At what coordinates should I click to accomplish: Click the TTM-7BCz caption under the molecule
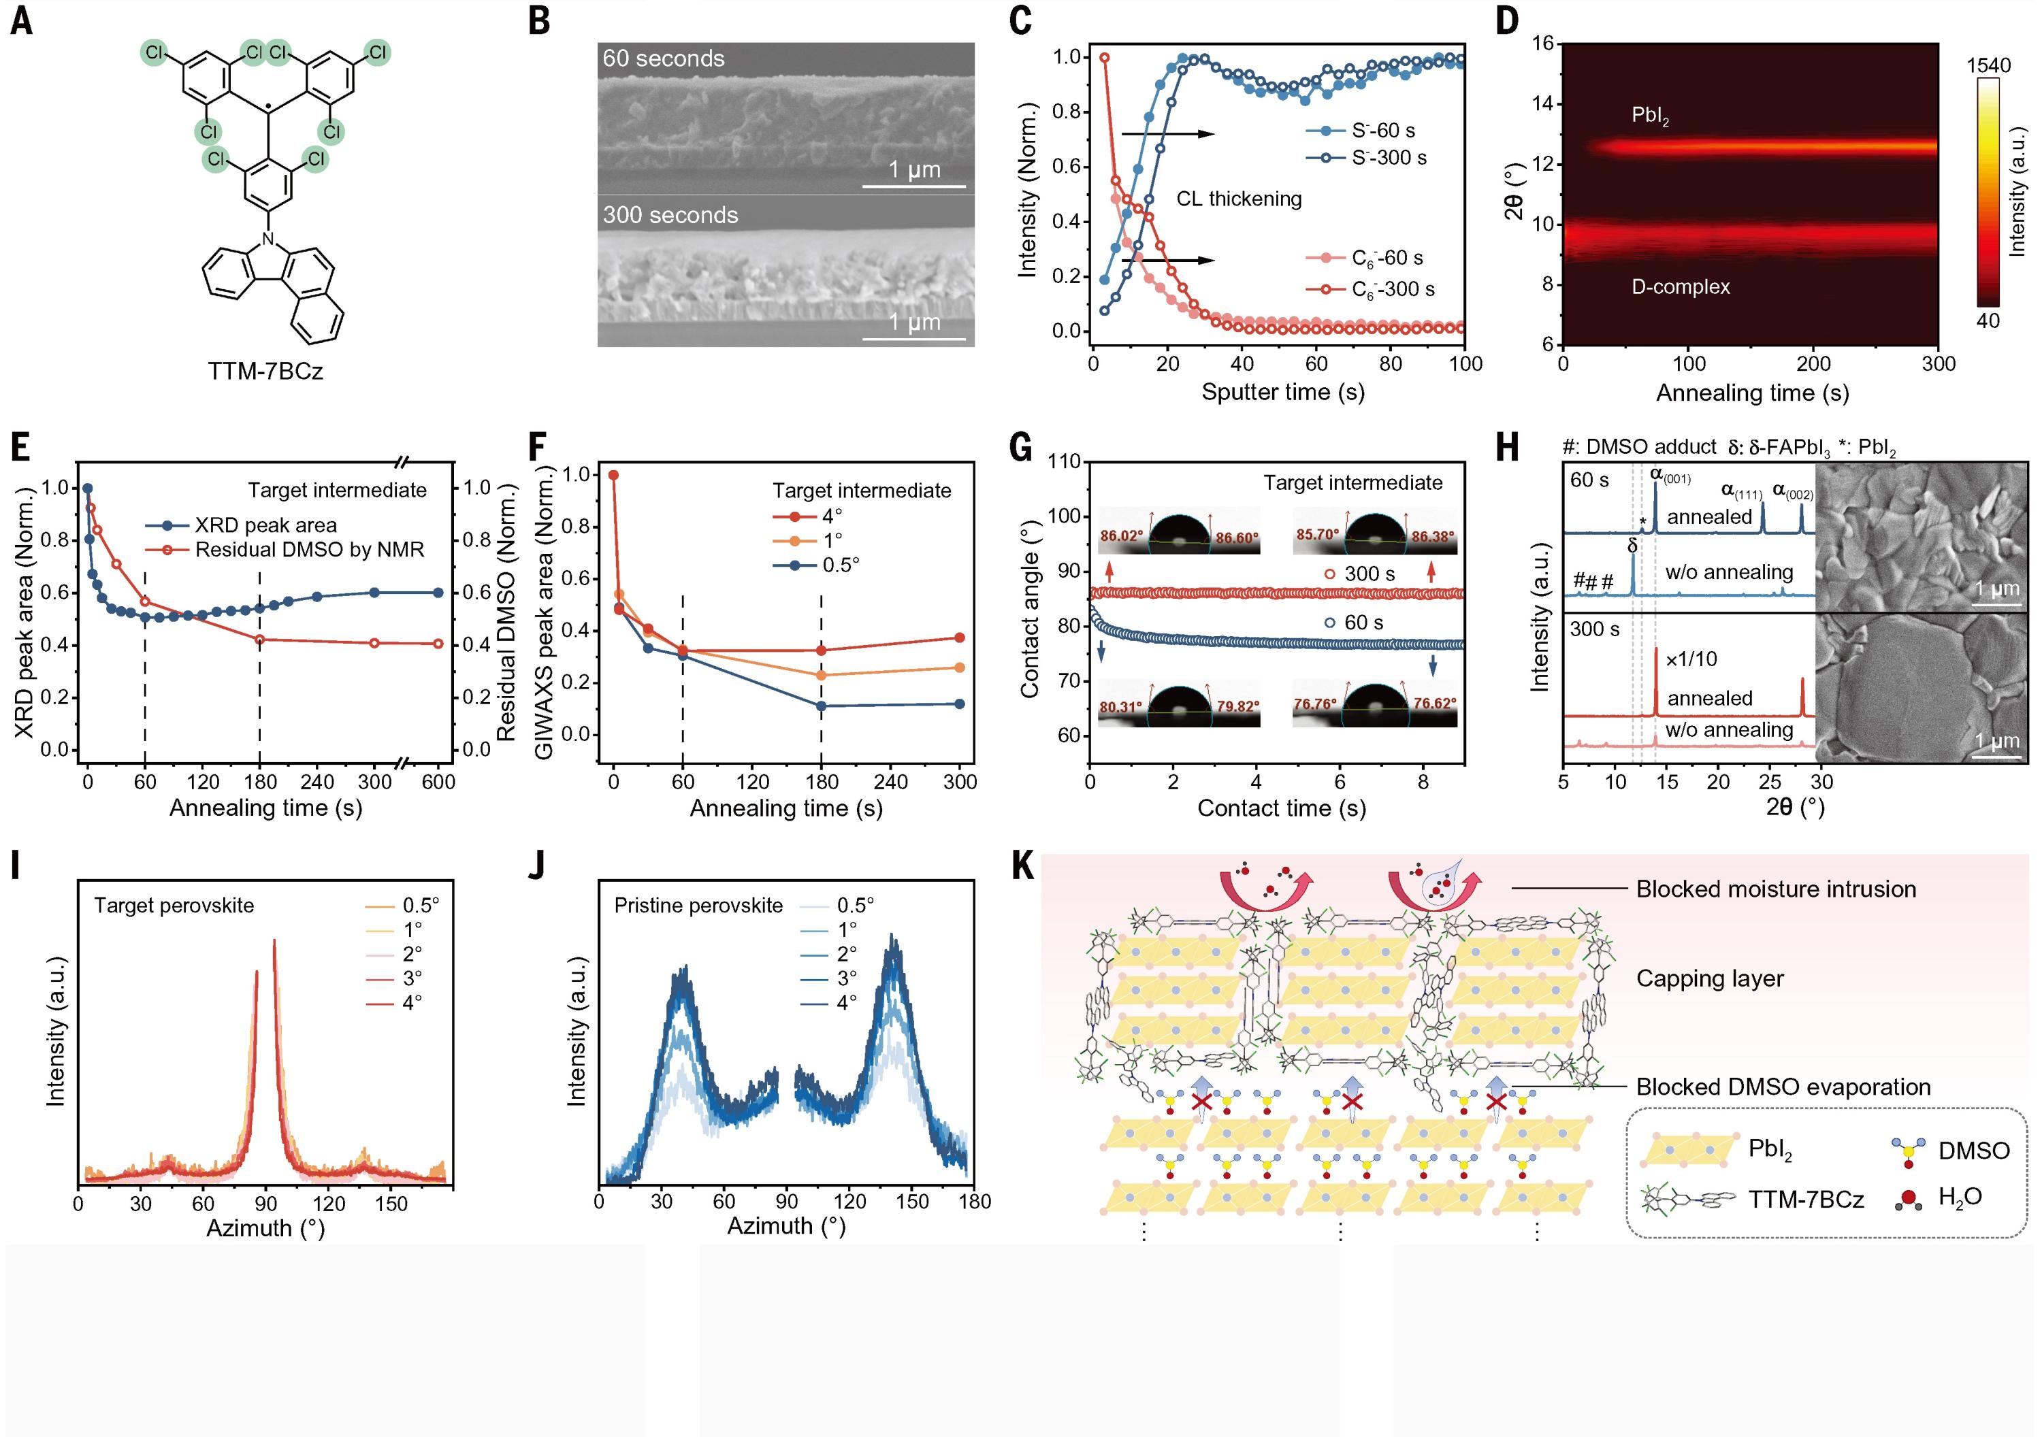tap(265, 371)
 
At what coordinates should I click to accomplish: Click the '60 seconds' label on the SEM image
tap(664, 59)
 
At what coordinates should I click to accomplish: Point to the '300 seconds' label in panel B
tap(670, 215)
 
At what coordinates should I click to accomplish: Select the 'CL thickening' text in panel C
tap(1239, 199)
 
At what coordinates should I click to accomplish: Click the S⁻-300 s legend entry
tap(1389, 157)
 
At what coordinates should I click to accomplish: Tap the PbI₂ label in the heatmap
tap(1650, 116)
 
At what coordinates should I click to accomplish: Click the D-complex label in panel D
tap(1680, 287)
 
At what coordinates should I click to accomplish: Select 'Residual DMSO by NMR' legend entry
tap(310, 550)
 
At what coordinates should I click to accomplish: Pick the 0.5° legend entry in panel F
tap(841, 565)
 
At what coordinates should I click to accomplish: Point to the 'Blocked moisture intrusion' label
tap(1775, 889)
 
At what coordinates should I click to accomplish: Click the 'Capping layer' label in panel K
tap(1709, 979)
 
